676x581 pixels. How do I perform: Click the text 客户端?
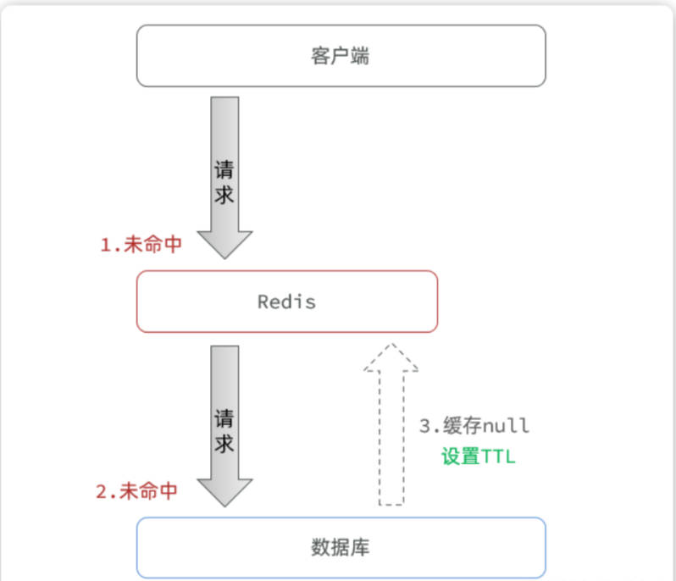(x=341, y=57)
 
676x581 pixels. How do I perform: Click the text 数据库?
(x=341, y=547)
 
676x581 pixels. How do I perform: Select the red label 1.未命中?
(x=140, y=246)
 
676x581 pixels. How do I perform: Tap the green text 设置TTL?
(x=478, y=456)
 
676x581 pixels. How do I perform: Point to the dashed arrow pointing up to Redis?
(x=391, y=440)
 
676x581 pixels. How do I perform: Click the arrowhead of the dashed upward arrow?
(x=391, y=357)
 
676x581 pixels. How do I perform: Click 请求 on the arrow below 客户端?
(x=224, y=180)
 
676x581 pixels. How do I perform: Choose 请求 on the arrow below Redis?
(x=224, y=430)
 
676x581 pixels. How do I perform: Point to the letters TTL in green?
(x=499, y=456)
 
